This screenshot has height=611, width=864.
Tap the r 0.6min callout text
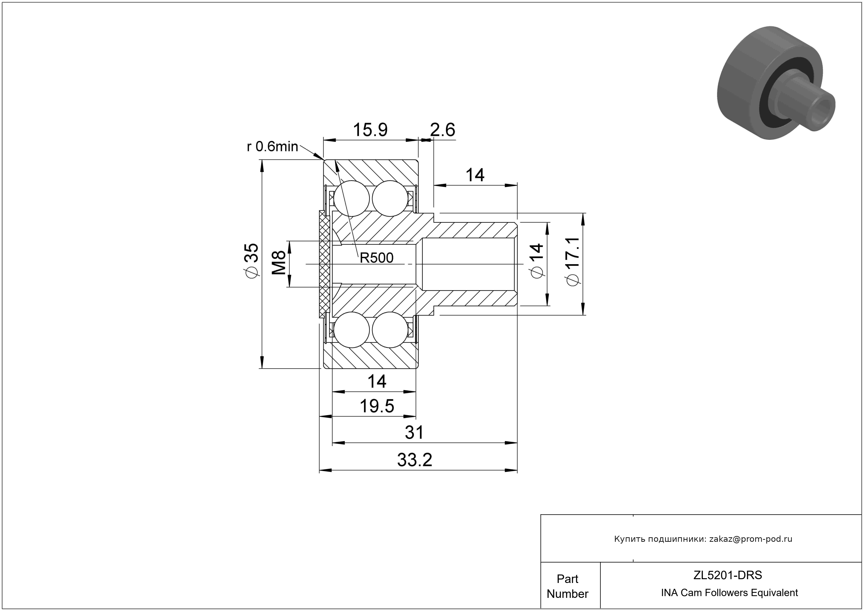272,146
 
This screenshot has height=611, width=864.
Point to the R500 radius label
376,258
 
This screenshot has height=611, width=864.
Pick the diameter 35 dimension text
251,260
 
